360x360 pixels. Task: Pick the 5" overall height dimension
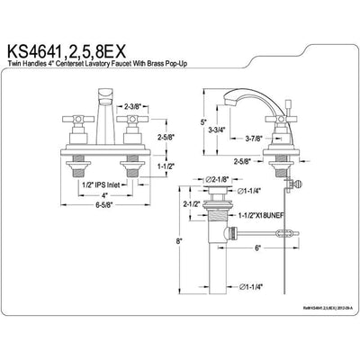pos(205,122)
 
